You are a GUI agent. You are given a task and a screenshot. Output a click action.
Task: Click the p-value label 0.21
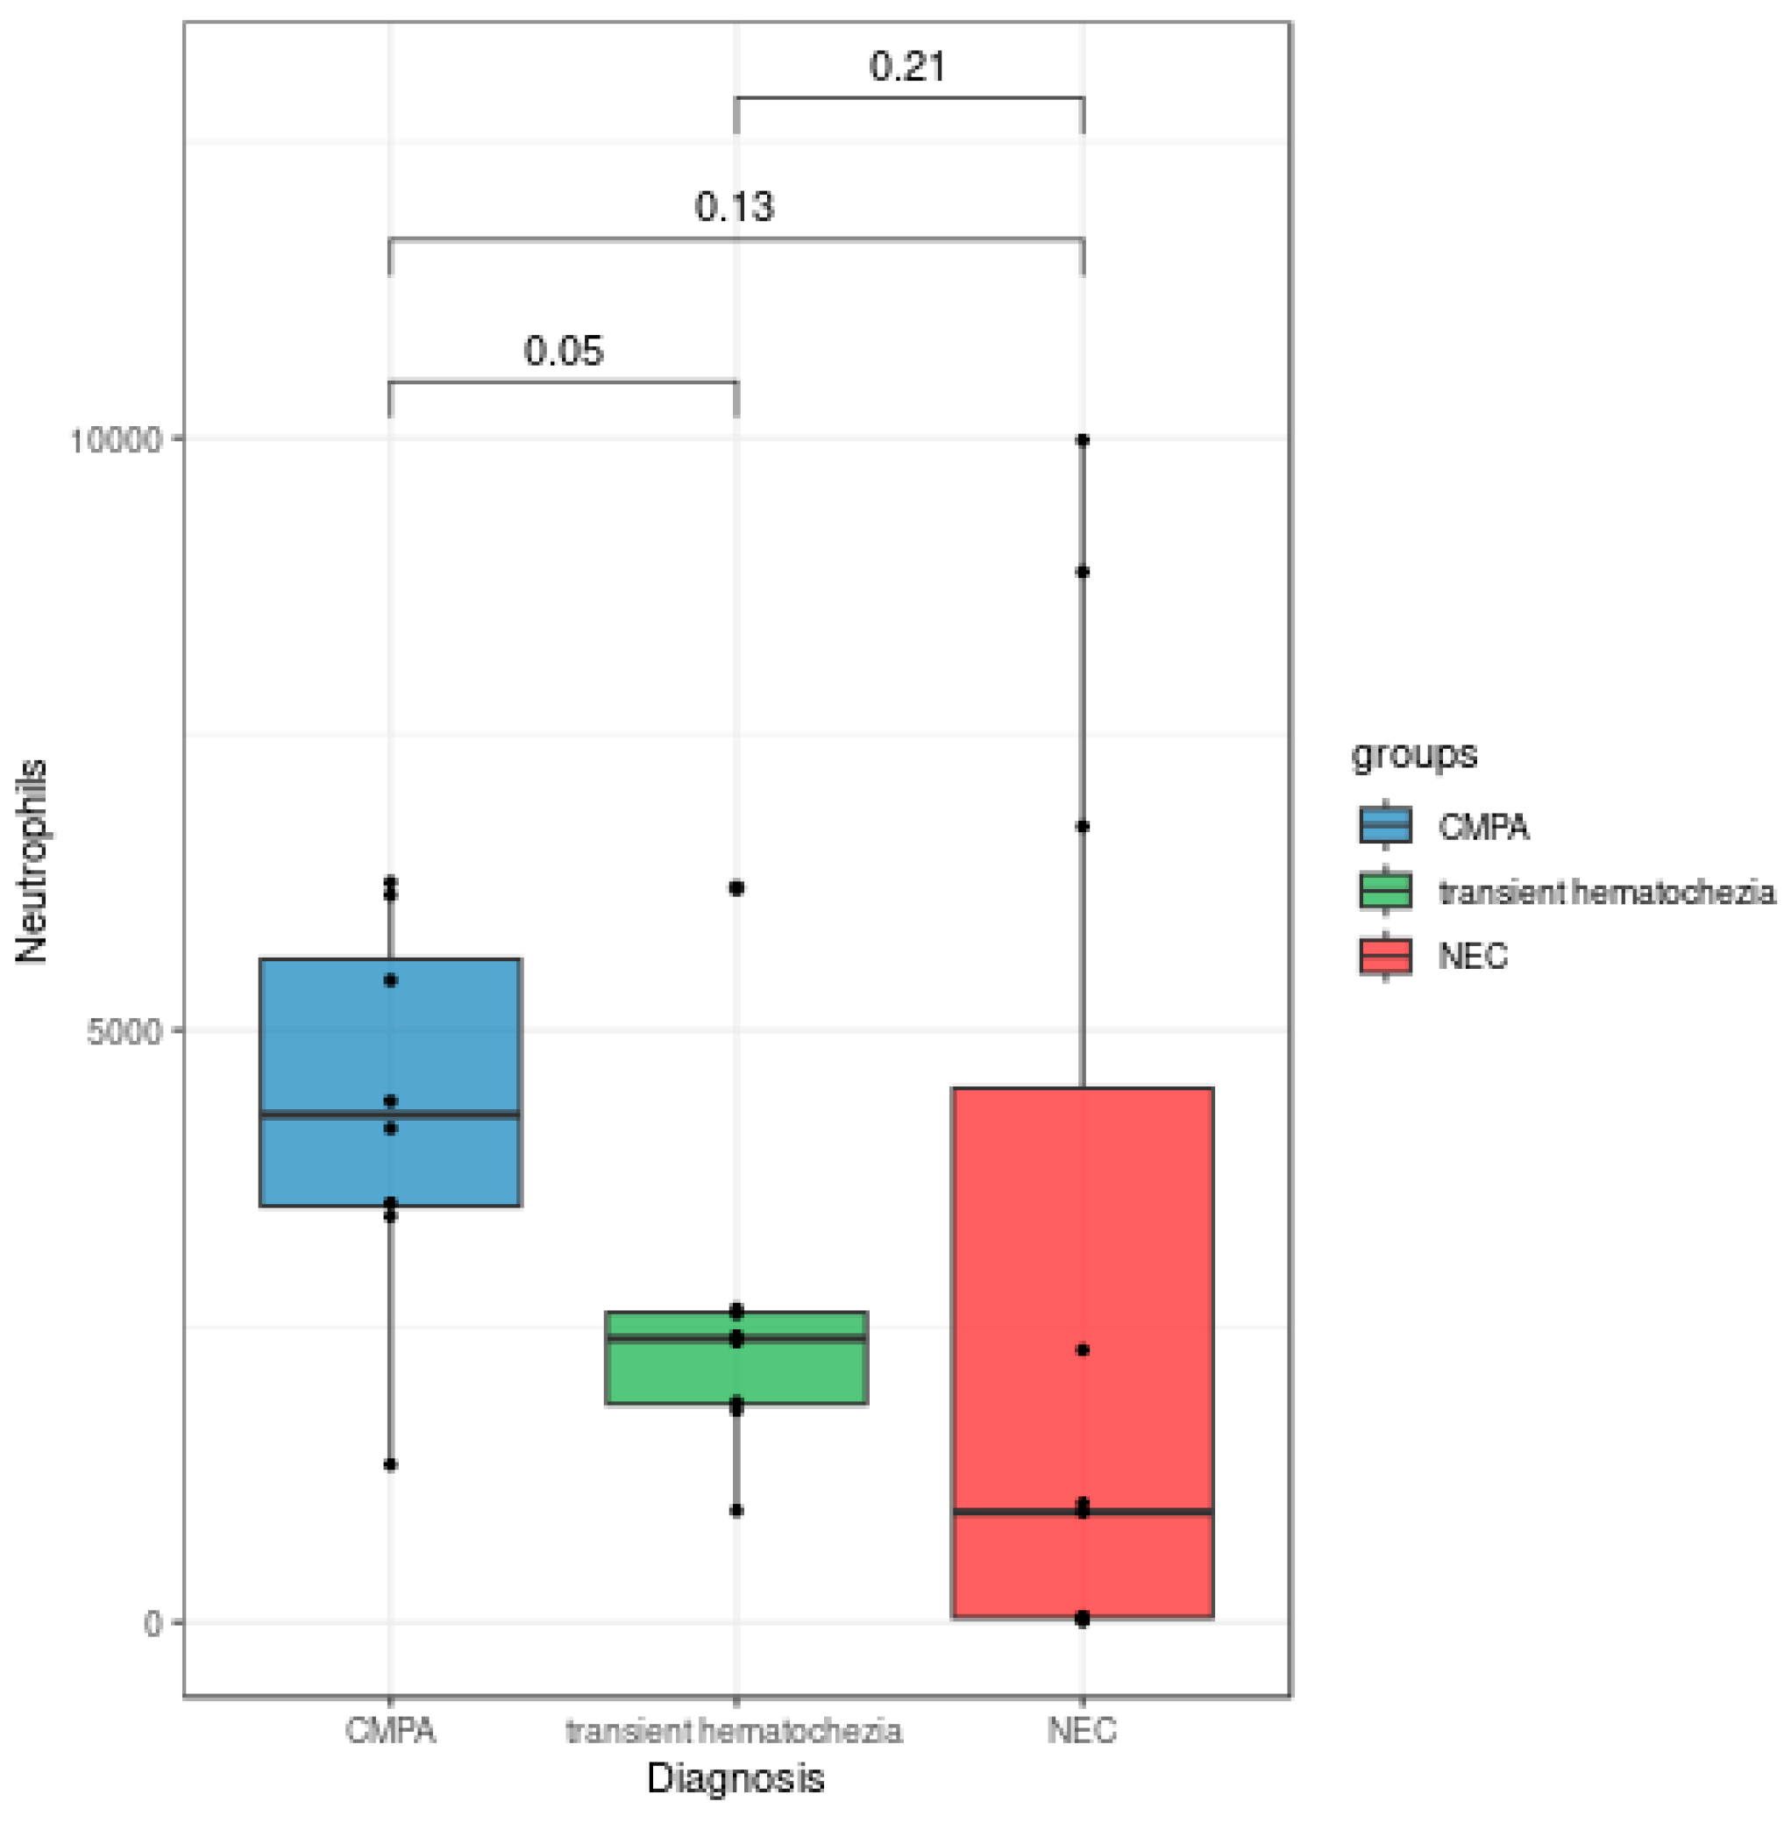[x=906, y=66]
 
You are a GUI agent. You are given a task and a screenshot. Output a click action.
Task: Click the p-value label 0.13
[x=734, y=206]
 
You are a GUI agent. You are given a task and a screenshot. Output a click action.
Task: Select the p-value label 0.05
[x=563, y=351]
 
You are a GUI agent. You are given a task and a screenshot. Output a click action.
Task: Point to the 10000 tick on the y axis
[x=116, y=439]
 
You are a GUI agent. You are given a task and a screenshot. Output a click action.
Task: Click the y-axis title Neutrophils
[x=31, y=862]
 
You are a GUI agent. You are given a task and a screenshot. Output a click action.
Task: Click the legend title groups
[x=1413, y=754]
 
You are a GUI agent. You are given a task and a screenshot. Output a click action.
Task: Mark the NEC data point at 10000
[x=1083, y=440]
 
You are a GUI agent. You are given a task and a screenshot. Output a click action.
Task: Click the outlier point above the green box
[x=736, y=888]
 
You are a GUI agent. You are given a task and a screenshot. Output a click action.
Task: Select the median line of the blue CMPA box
[x=389, y=1114]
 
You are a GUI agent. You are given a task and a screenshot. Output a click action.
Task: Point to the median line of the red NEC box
[x=1083, y=1512]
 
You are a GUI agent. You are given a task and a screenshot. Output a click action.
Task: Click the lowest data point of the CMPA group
[x=390, y=1464]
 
